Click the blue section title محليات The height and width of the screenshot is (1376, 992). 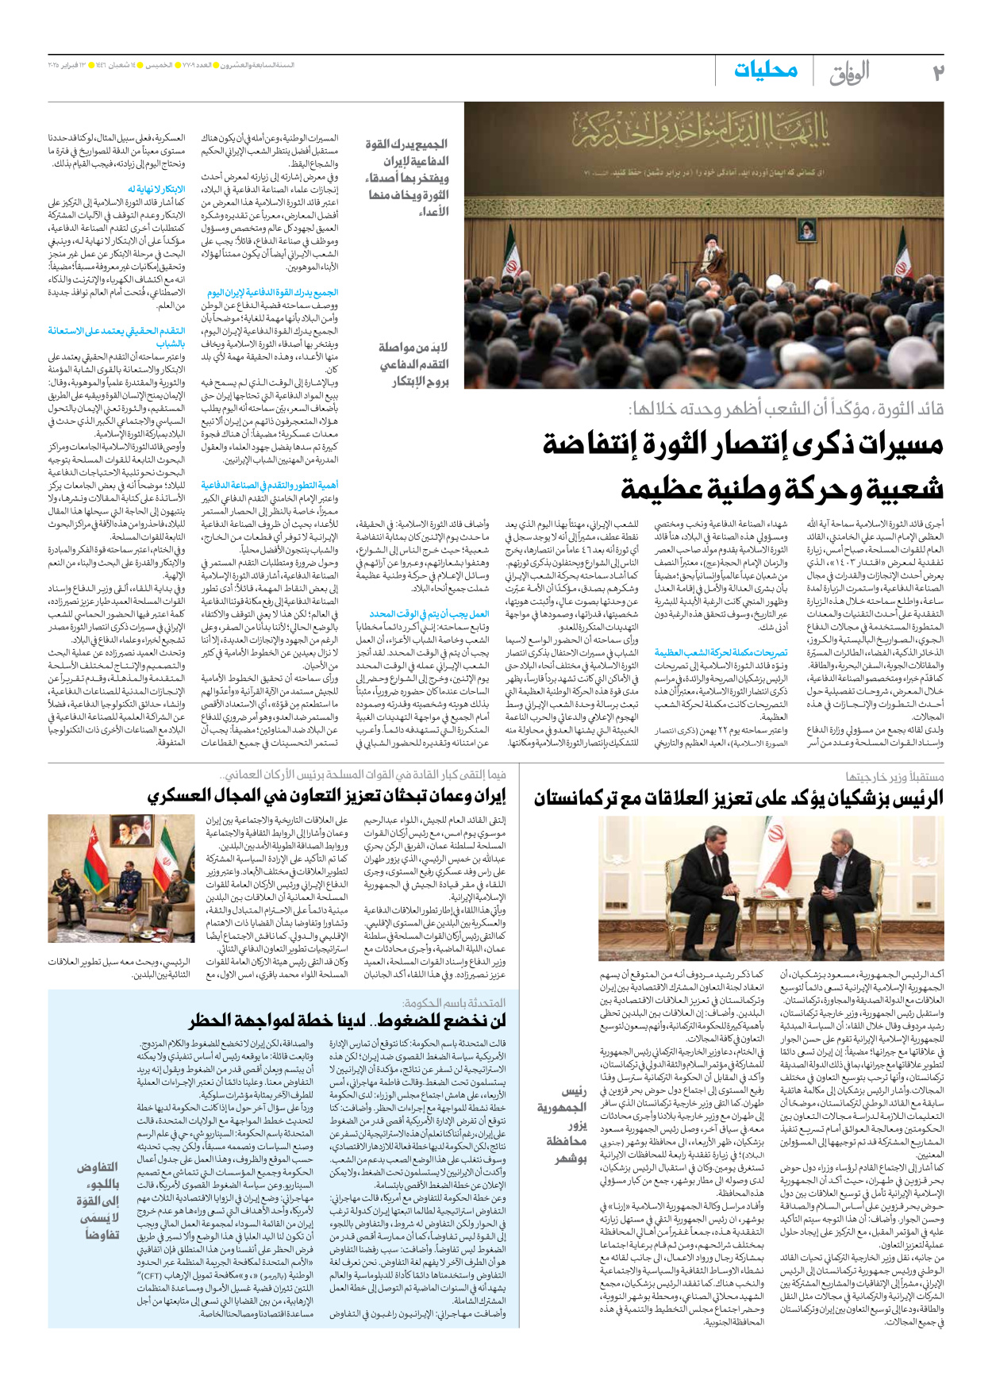click(765, 71)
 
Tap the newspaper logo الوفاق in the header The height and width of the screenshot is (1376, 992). click(849, 73)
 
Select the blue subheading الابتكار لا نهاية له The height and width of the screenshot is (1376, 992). click(159, 189)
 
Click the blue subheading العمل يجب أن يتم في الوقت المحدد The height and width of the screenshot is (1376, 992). click(429, 614)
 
